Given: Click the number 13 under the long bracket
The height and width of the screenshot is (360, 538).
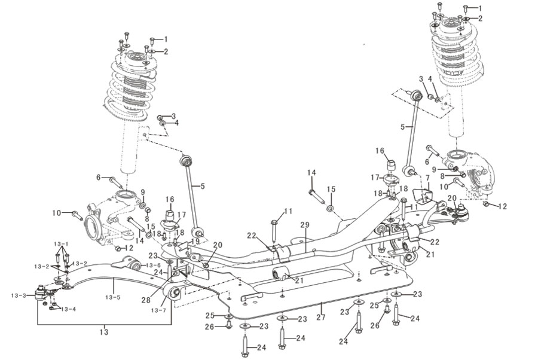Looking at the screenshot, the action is point(104,332).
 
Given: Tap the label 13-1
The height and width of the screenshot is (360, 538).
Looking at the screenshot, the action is point(61,243).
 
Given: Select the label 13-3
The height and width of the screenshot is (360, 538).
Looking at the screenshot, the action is point(19,295).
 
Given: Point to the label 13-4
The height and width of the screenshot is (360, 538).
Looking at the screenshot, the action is point(68,309).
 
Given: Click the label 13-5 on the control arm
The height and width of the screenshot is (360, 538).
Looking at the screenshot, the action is point(113,297).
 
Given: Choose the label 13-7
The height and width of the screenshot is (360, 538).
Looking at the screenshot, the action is point(158,310).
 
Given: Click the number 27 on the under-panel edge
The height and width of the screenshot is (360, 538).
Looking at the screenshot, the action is point(321,316).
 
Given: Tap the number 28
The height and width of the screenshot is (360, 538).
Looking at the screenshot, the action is point(146,300).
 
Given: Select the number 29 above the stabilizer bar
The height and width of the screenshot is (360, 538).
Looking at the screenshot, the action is point(305,225).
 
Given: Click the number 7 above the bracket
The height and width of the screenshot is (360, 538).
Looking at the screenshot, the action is point(427,178).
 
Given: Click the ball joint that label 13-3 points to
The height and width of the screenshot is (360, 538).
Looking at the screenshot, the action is point(42,292).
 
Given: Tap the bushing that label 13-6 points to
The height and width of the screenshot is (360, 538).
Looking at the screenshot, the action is point(136,265).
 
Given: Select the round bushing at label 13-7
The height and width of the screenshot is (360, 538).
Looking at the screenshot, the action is point(175,293).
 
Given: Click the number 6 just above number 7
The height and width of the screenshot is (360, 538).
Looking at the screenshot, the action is point(427,161).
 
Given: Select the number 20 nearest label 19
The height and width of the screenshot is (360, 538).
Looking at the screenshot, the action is point(218,245).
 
